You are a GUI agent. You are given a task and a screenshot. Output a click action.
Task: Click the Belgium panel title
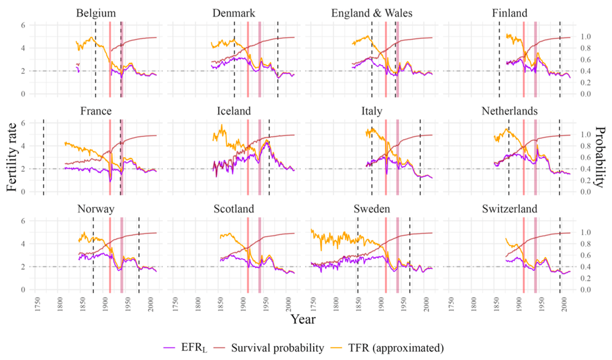pyautogui.click(x=95, y=14)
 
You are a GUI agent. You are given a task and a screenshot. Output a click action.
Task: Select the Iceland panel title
pyautogui.click(x=234, y=111)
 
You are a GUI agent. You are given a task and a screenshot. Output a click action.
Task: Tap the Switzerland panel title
pyautogui.click(x=509, y=209)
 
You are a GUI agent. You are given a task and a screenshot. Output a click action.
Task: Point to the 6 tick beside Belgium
pyautogui.click(x=23, y=25)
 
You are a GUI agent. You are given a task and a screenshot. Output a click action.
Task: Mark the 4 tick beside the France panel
pyautogui.click(x=23, y=146)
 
